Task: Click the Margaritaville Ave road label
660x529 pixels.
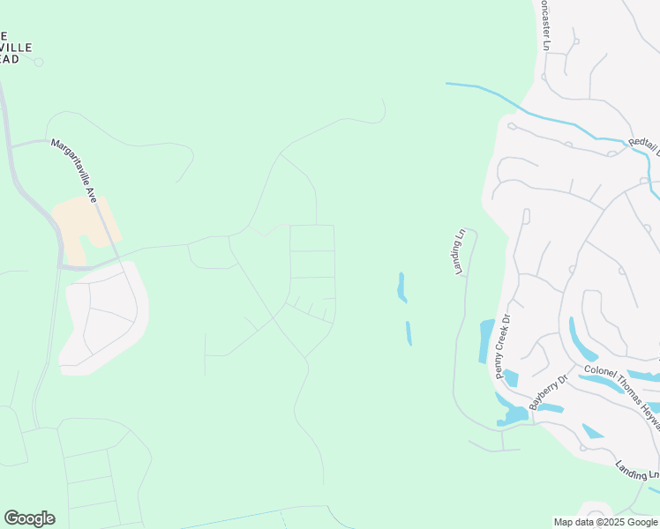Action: (86, 172)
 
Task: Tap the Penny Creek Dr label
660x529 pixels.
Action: (503, 347)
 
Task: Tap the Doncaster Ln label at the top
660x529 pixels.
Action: (544, 24)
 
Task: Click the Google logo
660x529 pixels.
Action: (29, 518)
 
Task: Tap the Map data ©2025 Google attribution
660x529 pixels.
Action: (605, 522)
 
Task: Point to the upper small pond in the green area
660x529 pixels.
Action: (401, 287)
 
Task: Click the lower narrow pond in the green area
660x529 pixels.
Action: (409, 333)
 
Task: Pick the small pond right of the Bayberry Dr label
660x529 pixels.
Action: (550, 408)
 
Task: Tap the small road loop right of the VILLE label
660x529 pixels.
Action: (38, 62)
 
